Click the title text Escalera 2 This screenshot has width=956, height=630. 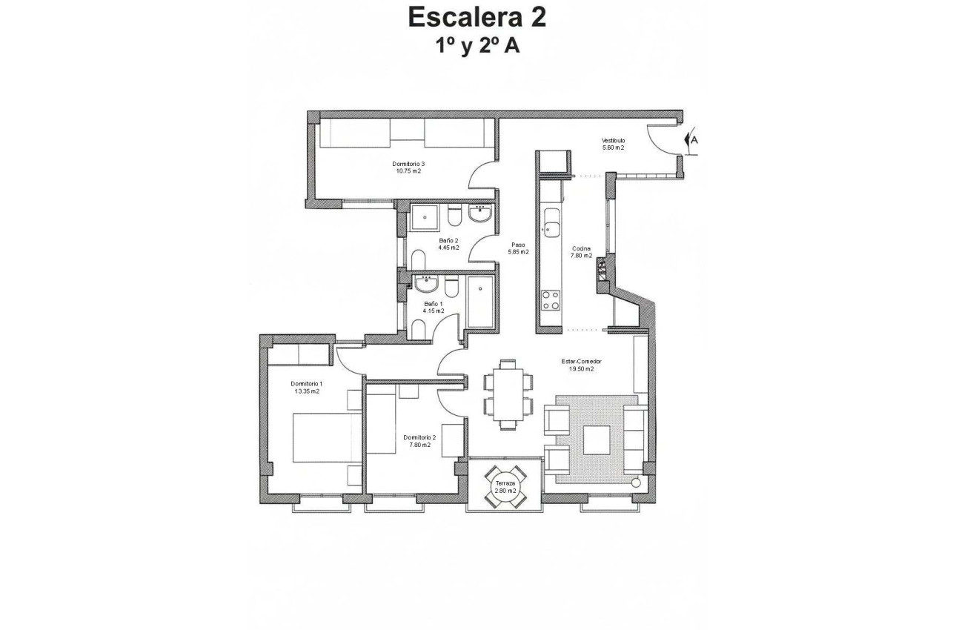pyautogui.click(x=477, y=17)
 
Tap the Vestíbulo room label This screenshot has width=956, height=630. pyautogui.click(x=613, y=140)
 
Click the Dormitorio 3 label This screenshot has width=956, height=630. pyautogui.click(x=408, y=164)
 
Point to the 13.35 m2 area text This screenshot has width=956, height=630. pyautogui.click(x=306, y=391)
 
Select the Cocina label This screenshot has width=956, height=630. pyautogui.click(x=581, y=248)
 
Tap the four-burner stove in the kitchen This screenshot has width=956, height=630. pyautogui.click(x=551, y=299)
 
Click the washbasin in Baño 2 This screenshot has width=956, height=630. pyautogui.click(x=480, y=215)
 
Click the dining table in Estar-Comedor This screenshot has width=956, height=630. pyautogui.click(x=508, y=394)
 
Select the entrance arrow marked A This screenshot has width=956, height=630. pyautogui.click(x=692, y=139)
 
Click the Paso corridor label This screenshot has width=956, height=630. pyautogui.click(x=518, y=245)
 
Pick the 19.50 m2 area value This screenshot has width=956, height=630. pyautogui.click(x=581, y=368)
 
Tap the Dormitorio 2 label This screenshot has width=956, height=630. pyautogui.click(x=419, y=437)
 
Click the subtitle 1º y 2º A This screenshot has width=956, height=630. pyautogui.click(x=477, y=46)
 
